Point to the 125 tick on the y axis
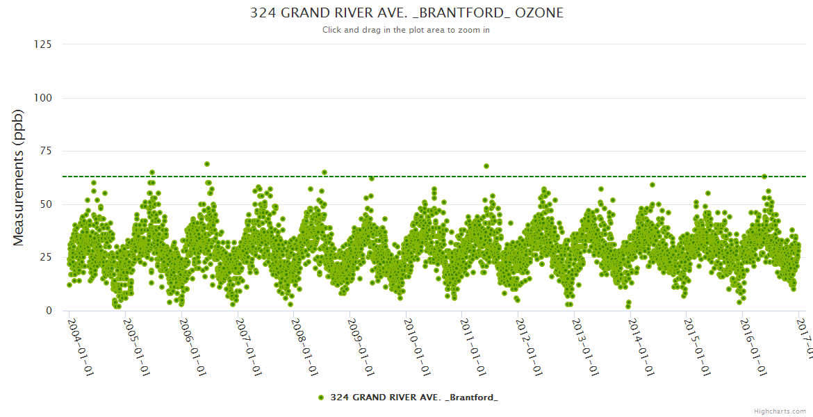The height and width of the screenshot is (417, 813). [x=42, y=44]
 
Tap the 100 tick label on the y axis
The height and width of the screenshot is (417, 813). [x=42, y=98]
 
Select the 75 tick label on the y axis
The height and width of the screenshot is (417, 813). [x=45, y=151]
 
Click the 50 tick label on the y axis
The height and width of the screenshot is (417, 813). [x=45, y=204]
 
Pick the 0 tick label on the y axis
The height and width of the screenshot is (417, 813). [x=49, y=311]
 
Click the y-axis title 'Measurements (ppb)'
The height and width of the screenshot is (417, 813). [x=19, y=177]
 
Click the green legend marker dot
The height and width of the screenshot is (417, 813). [x=320, y=398]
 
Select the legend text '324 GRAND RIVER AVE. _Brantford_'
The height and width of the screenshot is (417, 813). [x=414, y=398]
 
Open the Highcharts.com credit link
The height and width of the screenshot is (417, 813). [x=780, y=411]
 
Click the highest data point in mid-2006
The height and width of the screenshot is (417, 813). [x=207, y=164]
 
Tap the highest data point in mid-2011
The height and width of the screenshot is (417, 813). [x=486, y=166]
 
